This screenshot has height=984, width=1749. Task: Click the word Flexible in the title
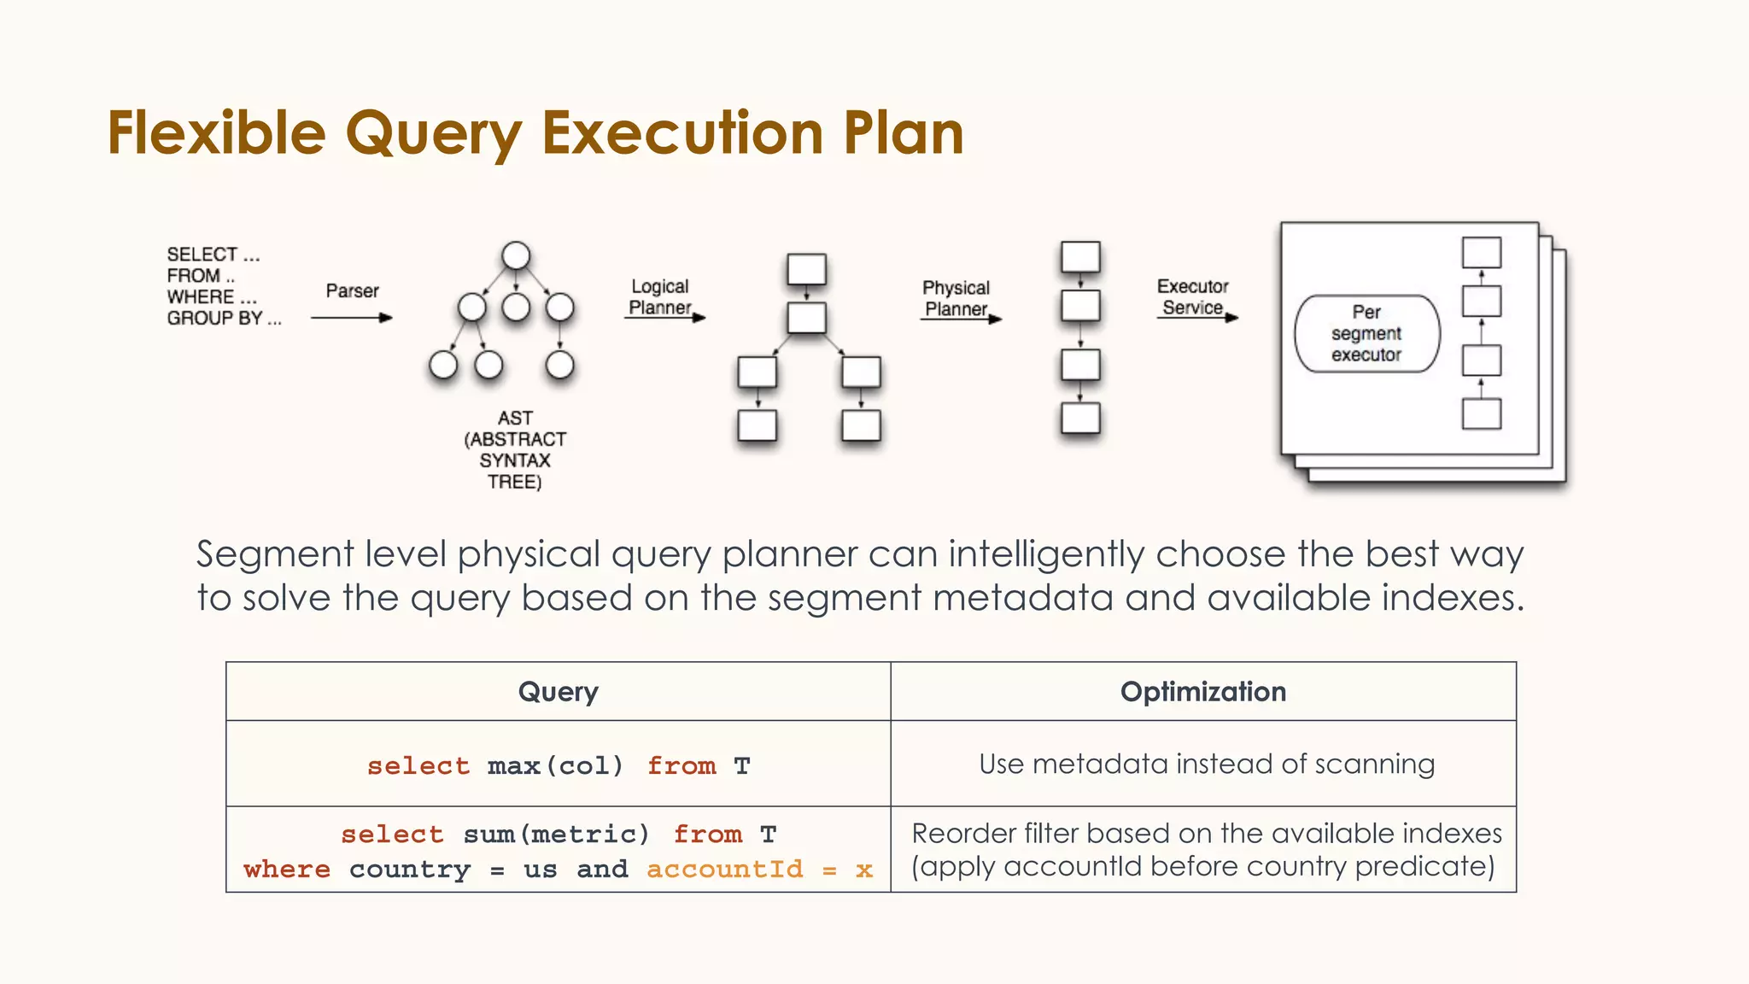coord(216,133)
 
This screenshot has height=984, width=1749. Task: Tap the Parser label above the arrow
coord(352,290)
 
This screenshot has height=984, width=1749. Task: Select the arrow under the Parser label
coord(351,318)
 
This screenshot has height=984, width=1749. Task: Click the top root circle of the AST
coord(516,255)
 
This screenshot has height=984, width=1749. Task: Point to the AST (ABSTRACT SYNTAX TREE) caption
coord(515,449)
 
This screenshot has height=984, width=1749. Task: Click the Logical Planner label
coord(659,296)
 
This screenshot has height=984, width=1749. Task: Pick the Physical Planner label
coord(956,297)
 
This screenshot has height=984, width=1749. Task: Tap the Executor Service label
coord(1192,296)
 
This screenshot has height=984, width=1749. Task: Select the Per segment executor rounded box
coord(1366,333)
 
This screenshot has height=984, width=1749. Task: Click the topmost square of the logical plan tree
coord(806,269)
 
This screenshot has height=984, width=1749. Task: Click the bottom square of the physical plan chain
coord(1080,419)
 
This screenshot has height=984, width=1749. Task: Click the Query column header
coord(558,691)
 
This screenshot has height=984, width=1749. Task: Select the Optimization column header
coord(1202,691)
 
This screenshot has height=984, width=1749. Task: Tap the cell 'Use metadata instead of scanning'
coord(1206,764)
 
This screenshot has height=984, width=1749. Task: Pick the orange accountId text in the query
coord(724,869)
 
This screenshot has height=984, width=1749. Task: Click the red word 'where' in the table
coord(287,869)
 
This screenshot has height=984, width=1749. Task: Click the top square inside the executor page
coord(1481,253)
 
